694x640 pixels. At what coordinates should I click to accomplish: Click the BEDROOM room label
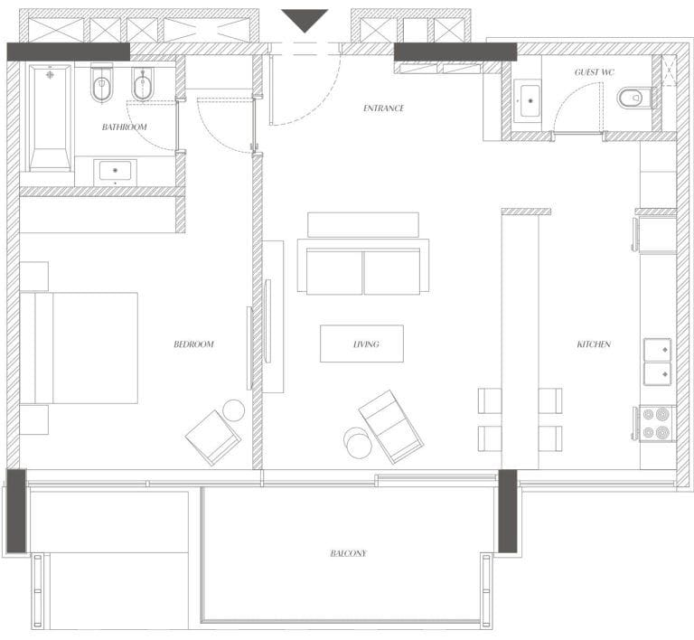point(193,344)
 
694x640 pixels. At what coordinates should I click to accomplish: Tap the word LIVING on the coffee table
point(366,344)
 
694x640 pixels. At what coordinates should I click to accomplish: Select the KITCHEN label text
point(594,344)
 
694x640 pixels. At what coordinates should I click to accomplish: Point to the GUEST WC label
point(595,72)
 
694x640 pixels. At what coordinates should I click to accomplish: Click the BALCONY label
point(348,553)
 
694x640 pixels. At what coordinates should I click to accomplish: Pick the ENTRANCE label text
point(383,108)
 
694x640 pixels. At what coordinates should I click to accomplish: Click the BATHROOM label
point(124,127)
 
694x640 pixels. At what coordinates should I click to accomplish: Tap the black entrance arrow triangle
point(305,21)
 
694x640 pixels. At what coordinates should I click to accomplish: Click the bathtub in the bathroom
point(50,118)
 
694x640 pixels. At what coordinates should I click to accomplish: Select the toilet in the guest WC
point(633,98)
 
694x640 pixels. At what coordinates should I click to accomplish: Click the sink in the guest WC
point(530,101)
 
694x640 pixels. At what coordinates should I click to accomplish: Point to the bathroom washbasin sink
point(115,171)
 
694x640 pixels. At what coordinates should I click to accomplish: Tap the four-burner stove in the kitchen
point(656,424)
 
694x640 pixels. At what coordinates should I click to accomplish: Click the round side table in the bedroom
point(234,410)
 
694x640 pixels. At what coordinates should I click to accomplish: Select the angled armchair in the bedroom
point(213,438)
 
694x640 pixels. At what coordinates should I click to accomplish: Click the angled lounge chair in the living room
point(390,427)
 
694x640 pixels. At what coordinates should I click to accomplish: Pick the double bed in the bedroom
point(79,348)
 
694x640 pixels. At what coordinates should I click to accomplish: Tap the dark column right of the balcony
point(508,512)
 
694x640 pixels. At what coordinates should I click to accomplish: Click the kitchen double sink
point(657,362)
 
